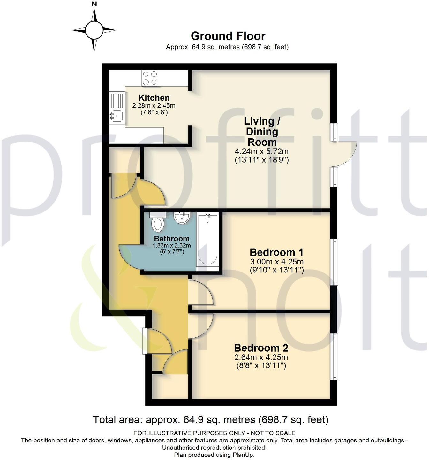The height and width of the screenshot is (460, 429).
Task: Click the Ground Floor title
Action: (x=228, y=36)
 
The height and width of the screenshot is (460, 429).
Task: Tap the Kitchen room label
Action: (x=154, y=98)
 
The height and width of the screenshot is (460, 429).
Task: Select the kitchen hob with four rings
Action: (x=150, y=78)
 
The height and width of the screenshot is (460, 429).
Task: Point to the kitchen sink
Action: (x=116, y=114)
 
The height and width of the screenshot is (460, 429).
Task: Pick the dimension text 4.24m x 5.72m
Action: (x=262, y=151)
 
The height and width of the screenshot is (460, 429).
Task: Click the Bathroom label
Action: (x=172, y=239)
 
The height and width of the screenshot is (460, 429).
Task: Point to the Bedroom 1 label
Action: (x=276, y=252)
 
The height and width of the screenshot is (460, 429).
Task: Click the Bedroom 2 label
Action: (x=261, y=348)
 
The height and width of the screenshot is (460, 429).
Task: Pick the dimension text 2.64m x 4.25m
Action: (x=261, y=357)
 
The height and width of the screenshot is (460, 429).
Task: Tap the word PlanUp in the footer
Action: (x=244, y=455)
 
